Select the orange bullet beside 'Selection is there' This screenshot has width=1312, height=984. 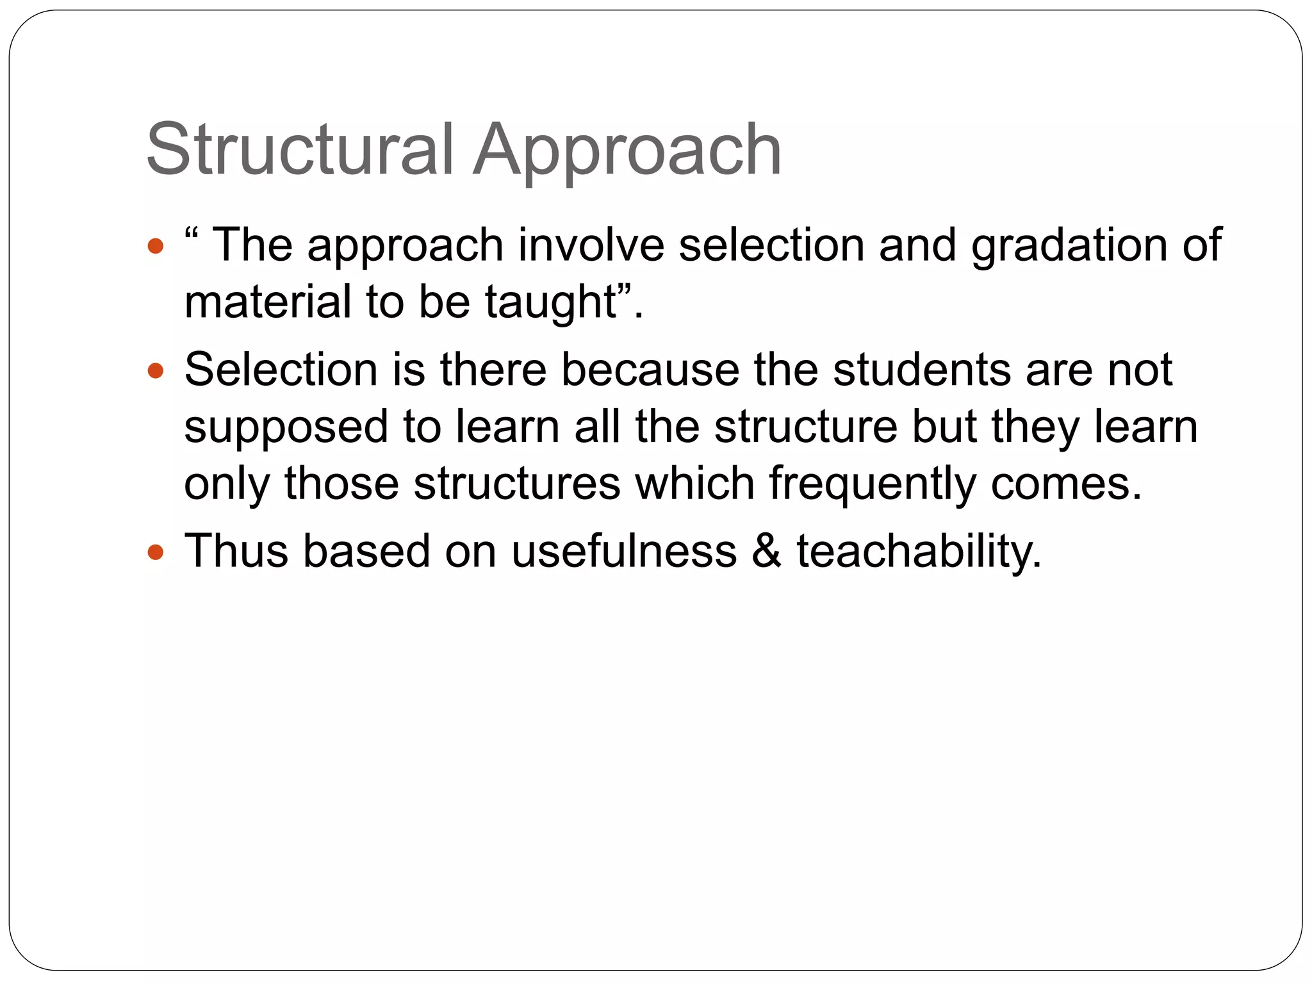156,371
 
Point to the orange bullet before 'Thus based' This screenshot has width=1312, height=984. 156,552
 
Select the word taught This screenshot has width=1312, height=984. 550,302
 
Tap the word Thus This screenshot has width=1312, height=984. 236,550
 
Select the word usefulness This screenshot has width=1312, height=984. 624,550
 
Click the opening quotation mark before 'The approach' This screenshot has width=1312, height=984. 190,233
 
